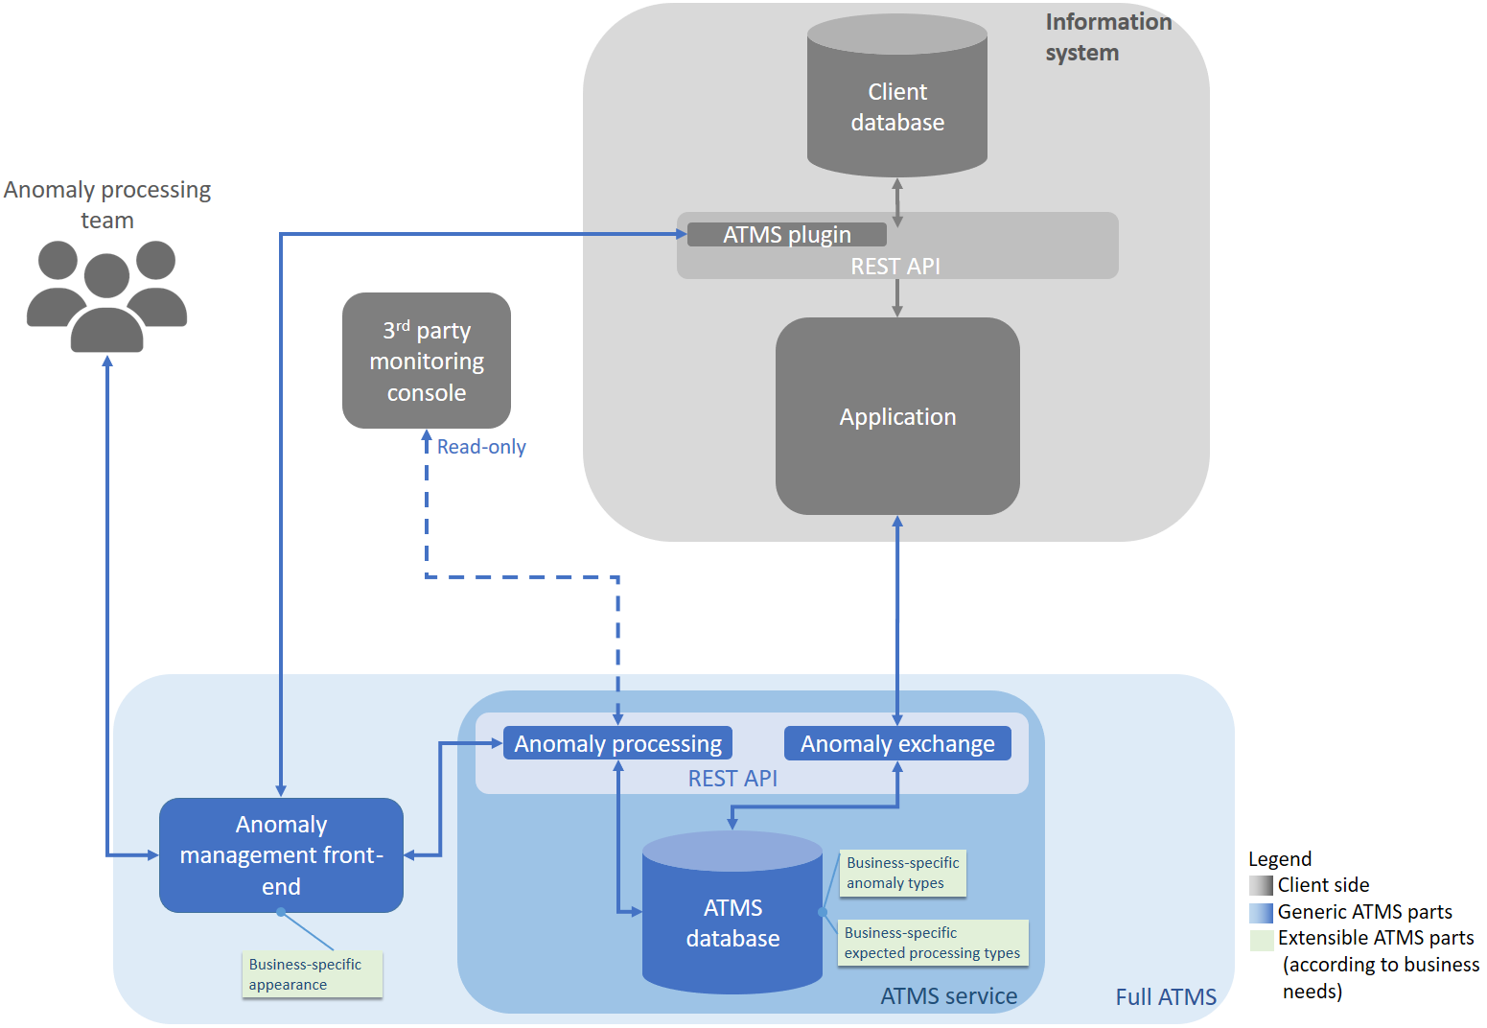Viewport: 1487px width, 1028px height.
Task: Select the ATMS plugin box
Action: click(x=786, y=235)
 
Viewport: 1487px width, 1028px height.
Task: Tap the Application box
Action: click(x=897, y=416)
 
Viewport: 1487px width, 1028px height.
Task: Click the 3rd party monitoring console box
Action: click(x=427, y=361)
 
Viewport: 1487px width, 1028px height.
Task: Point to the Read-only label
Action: click(x=481, y=447)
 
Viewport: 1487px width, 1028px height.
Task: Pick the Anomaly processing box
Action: click(x=617, y=743)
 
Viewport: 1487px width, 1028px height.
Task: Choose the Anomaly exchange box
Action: click(x=897, y=743)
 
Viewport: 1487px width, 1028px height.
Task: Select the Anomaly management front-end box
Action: click(x=281, y=854)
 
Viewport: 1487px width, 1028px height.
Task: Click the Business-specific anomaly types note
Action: click(x=902, y=873)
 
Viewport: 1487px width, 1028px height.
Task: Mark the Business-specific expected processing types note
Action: click(x=932, y=943)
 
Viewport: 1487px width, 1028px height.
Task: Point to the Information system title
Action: click(x=1107, y=36)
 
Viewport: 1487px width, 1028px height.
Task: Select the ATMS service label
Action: click(x=948, y=996)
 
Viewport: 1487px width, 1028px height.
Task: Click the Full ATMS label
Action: click(x=1165, y=997)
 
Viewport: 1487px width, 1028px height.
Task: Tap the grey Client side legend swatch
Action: click(x=1261, y=885)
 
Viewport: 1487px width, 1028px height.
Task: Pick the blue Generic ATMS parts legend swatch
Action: click(x=1261, y=912)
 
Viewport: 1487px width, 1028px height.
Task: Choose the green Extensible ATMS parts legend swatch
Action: click(x=1261, y=939)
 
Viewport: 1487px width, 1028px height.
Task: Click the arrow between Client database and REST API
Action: click(x=897, y=202)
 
